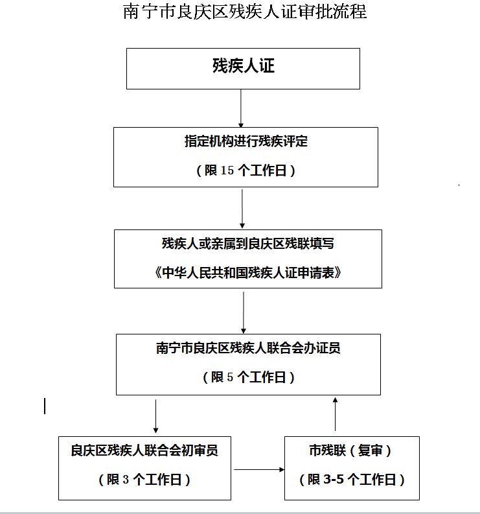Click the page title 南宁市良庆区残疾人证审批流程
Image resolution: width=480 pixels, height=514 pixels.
pyautogui.click(x=245, y=12)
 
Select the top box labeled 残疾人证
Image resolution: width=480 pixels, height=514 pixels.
pyautogui.click(x=243, y=69)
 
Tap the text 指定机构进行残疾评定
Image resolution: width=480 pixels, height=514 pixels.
pyautogui.click(x=246, y=141)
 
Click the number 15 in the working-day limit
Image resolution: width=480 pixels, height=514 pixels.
pyautogui.click(x=227, y=170)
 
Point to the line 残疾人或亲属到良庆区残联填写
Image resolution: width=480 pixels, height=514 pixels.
pyautogui.click(x=248, y=244)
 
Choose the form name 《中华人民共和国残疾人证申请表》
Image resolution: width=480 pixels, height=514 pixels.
pyautogui.click(x=248, y=273)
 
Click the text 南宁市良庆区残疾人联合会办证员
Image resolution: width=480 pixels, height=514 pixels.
pyautogui.click(x=248, y=348)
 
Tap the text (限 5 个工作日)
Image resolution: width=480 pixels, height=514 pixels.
pyautogui.click(x=249, y=377)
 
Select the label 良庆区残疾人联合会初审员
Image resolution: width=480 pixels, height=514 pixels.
pyautogui.click(x=144, y=450)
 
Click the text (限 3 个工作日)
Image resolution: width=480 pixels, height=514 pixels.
pyautogui.click(x=144, y=480)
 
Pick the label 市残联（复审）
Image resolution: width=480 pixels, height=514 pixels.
pyautogui.click(x=350, y=450)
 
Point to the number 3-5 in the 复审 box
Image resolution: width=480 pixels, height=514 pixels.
pyautogui.click(x=334, y=480)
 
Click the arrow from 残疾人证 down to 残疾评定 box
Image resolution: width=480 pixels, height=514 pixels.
pyautogui.click(x=241, y=108)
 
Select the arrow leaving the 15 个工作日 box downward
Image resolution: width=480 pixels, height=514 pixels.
pyautogui.click(x=242, y=209)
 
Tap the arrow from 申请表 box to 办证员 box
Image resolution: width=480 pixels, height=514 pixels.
pyautogui.click(x=244, y=312)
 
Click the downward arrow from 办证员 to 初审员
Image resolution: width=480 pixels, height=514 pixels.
pyautogui.click(x=155, y=416)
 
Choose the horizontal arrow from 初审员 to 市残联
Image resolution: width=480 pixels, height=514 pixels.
pyautogui.click(x=259, y=469)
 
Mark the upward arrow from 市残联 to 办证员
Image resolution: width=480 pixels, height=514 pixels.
pyautogui.click(x=335, y=414)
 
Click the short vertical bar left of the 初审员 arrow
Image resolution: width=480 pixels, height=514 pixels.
pyautogui.click(x=45, y=406)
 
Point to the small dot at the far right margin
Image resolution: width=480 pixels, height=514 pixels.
pyautogui.click(x=459, y=185)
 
